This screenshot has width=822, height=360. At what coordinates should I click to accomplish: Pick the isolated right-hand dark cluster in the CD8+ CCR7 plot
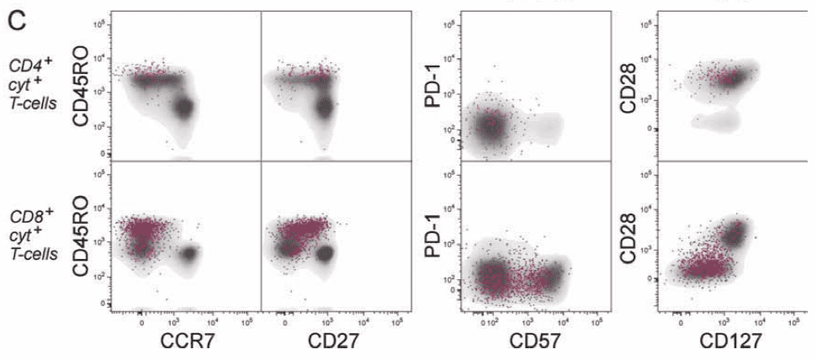click(188, 252)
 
